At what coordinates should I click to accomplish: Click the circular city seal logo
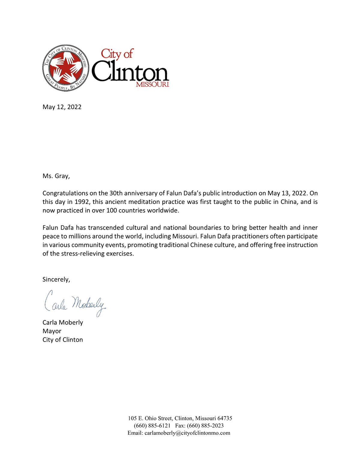click(66, 68)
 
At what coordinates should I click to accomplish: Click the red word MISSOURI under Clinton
click(152, 85)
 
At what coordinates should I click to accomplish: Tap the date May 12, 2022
click(62, 107)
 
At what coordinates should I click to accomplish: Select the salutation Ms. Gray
click(56, 176)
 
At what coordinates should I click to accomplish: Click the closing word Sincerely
click(56, 280)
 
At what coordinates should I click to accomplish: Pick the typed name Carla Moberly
click(63, 323)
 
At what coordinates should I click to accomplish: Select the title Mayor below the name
click(52, 331)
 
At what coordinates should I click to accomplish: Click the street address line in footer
click(180, 418)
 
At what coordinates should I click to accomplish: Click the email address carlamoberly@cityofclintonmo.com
click(187, 433)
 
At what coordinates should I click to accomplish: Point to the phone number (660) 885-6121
click(152, 426)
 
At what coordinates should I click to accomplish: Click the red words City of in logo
click(117, 54)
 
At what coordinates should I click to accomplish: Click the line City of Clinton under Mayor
click(63, 340)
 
